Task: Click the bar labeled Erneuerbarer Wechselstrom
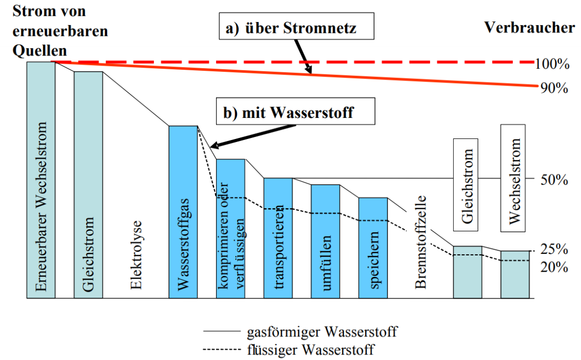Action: pos(41,179)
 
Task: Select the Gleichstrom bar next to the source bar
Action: pos(88,185)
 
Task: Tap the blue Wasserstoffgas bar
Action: pos(183,211)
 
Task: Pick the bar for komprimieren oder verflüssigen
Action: pos(230,228)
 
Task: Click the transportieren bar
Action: pos(278,238)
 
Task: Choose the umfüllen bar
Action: pos(325,241)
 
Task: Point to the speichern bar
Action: pos(373,248)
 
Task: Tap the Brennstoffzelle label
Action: pos(421,241)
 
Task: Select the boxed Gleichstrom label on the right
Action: pos(466,185)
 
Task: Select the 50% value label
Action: pos(554,179)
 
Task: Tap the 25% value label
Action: pos(554,250)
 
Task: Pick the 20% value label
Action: pos(554,267)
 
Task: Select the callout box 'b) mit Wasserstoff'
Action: pos(294,112)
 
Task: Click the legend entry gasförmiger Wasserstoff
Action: pos(318,332)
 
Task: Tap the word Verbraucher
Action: pos(530,28)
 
